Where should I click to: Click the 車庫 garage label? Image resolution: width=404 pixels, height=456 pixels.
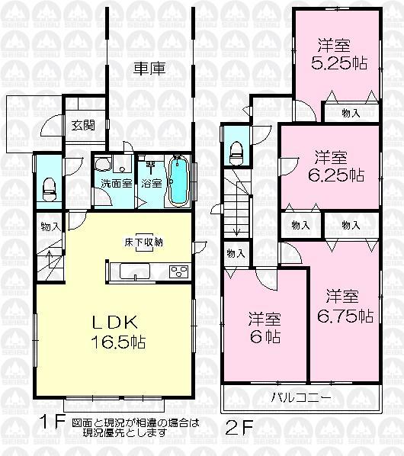(150, 68)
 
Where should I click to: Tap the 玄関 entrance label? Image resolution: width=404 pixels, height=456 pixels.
(83, 126)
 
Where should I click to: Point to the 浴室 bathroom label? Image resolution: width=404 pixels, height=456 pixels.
(151, 183)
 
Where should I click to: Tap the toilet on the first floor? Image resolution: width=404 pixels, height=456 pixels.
(49, 187)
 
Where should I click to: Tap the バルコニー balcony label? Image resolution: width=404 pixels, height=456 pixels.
(300, 397)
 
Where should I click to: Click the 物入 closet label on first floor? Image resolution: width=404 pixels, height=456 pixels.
(50, 226)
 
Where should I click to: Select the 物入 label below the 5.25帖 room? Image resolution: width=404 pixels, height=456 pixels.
(351, 113)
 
